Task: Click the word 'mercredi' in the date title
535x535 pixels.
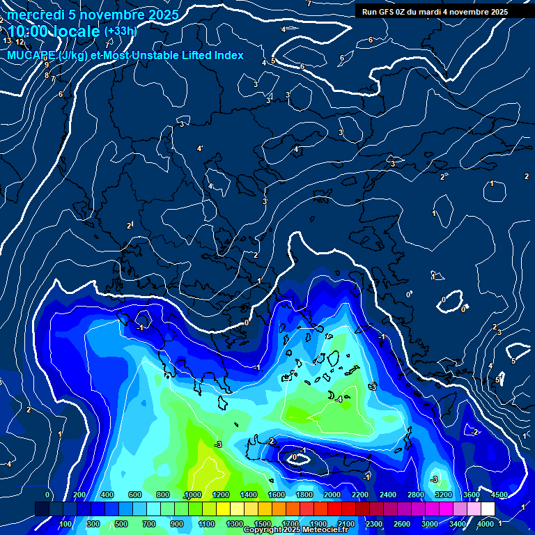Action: click(36, 15)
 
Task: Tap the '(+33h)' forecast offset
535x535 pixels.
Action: click(121, 31)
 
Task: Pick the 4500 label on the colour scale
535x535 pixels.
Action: click(500, 495)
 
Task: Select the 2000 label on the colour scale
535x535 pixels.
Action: click(332, 495)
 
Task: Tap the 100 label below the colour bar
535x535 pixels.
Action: click(65, 524)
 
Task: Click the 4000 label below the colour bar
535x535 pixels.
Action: click(486, 524)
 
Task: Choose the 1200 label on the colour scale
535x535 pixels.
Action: click(220, 495)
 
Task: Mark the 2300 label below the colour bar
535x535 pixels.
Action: click(374, 524)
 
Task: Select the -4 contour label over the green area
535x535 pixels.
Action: click(338, 400)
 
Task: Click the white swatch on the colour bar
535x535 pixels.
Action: click(488, 509)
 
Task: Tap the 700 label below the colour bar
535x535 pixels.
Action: click(149, 524)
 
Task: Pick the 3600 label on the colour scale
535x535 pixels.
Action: click(472, 495)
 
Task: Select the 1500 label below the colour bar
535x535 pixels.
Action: click(262, 524)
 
